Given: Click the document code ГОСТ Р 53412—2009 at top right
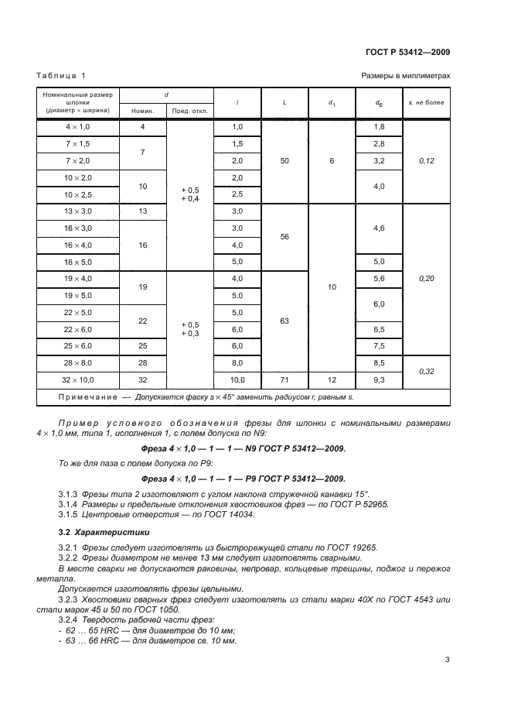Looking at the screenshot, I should (407, 52).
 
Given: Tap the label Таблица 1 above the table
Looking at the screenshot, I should (61, 75).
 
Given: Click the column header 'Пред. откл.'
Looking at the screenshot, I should (190, 111).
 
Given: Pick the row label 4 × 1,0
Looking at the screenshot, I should (78, 126).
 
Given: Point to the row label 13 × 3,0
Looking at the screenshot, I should (78, 211).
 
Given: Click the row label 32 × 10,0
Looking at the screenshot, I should (78, 380).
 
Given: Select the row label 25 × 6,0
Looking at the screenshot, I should (78, 345).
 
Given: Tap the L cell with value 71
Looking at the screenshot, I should (285, 380).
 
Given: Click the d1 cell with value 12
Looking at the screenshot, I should (332, 380).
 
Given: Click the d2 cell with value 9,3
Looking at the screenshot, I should (379, 380).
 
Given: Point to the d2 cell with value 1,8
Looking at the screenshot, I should (379, 126).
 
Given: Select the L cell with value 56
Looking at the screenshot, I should (285, 237).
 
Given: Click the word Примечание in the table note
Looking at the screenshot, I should (80, 397).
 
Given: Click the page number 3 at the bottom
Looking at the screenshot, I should (448, 660).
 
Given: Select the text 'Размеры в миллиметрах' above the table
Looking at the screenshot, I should (405, 75).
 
